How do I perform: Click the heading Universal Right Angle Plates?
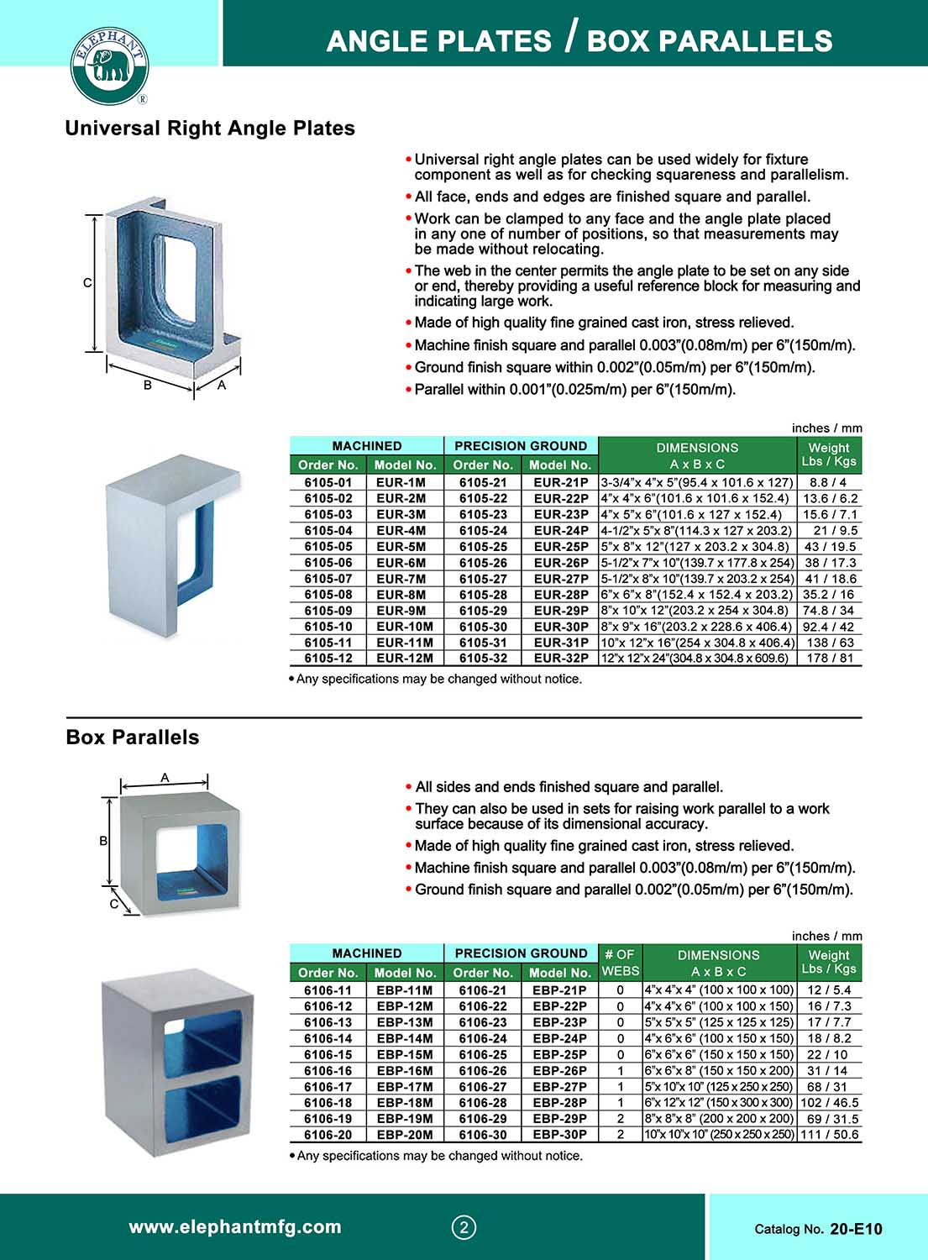click(x=210, y=129)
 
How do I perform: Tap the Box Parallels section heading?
click(x=133, y=738)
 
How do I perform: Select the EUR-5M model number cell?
click(x=401, y=547)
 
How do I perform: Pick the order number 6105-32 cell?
click(x=483, y=659)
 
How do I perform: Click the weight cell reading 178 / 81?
click(x=830, y=659)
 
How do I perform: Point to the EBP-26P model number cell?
click(x=559, y=1071)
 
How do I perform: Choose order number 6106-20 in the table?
click(x=328, y=1135)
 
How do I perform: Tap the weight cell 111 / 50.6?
click(x=830, y=1135)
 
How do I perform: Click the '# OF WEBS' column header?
click(x=620, y=963)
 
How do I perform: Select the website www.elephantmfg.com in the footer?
click(x=235, y=1227)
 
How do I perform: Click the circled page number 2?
click(x=464, y=1228)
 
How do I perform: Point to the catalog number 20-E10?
click(x=856, y=1230)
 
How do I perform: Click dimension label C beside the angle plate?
click(x=87, y=283)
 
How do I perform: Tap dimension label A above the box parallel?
click(x=165, y=778)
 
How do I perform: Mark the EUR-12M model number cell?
click(x=404, y=659)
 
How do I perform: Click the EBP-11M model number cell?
click(x=404, y=990)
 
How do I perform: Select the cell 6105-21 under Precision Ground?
click(x=483, y=483)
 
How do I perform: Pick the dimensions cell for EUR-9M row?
click(x=696, y=611)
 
